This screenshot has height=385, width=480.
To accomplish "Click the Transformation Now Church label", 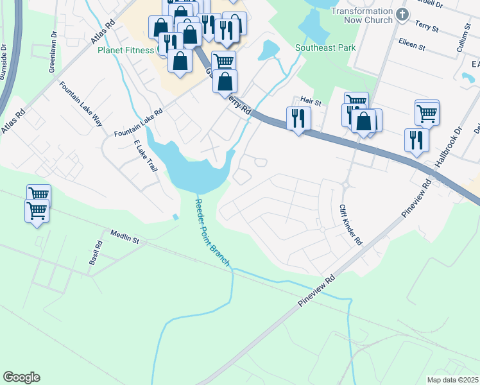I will coord(361,16).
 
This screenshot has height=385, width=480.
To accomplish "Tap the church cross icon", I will coord(402,14).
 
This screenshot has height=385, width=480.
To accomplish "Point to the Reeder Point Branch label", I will coord(212,232).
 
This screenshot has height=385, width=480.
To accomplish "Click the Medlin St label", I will coord(124,236).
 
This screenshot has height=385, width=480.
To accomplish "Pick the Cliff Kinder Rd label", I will coord(351,225).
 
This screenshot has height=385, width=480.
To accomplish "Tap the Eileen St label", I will coord(413,46).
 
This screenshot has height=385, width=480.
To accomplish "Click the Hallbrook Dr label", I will coord(448,147).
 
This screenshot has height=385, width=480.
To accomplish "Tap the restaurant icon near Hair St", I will coord(298,118).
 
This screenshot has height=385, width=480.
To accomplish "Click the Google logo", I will coord(21,377).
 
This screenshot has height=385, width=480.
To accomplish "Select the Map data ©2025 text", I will coord(452,380).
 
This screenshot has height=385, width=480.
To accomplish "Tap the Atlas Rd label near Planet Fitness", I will coord(103,31).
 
